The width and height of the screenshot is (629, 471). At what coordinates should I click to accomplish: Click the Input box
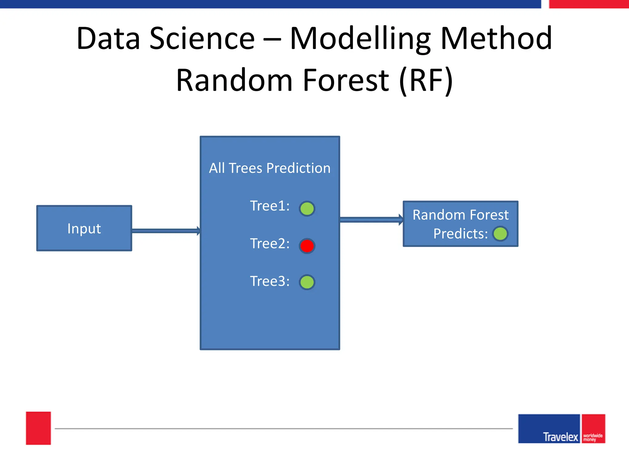coord(84,228)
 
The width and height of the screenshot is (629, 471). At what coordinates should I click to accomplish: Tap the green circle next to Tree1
coord(307,209)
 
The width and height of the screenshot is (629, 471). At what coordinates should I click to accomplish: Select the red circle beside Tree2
coord(307,246)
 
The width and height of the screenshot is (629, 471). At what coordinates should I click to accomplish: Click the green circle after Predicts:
coord(500,234)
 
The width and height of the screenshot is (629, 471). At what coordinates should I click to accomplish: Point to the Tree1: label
coord(270,206)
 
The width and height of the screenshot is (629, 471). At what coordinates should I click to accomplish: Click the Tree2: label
coord(270,243)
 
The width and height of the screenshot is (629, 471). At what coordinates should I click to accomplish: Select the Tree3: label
coord(270,281)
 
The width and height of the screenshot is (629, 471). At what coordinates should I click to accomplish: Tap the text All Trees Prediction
coord(270,168)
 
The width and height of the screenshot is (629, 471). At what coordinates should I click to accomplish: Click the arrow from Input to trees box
coord(166,231)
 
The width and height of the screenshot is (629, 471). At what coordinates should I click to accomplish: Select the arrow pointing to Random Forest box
coord(371,220)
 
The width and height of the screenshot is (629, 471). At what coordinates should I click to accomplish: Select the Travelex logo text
coord(560,437)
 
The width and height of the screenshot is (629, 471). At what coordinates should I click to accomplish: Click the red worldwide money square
coord(593,429)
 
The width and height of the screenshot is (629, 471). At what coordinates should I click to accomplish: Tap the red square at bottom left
coord(38,428)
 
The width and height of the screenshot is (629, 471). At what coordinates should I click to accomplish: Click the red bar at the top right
coord(588,4)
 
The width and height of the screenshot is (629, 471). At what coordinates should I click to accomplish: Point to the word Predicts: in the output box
coord(460,234)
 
